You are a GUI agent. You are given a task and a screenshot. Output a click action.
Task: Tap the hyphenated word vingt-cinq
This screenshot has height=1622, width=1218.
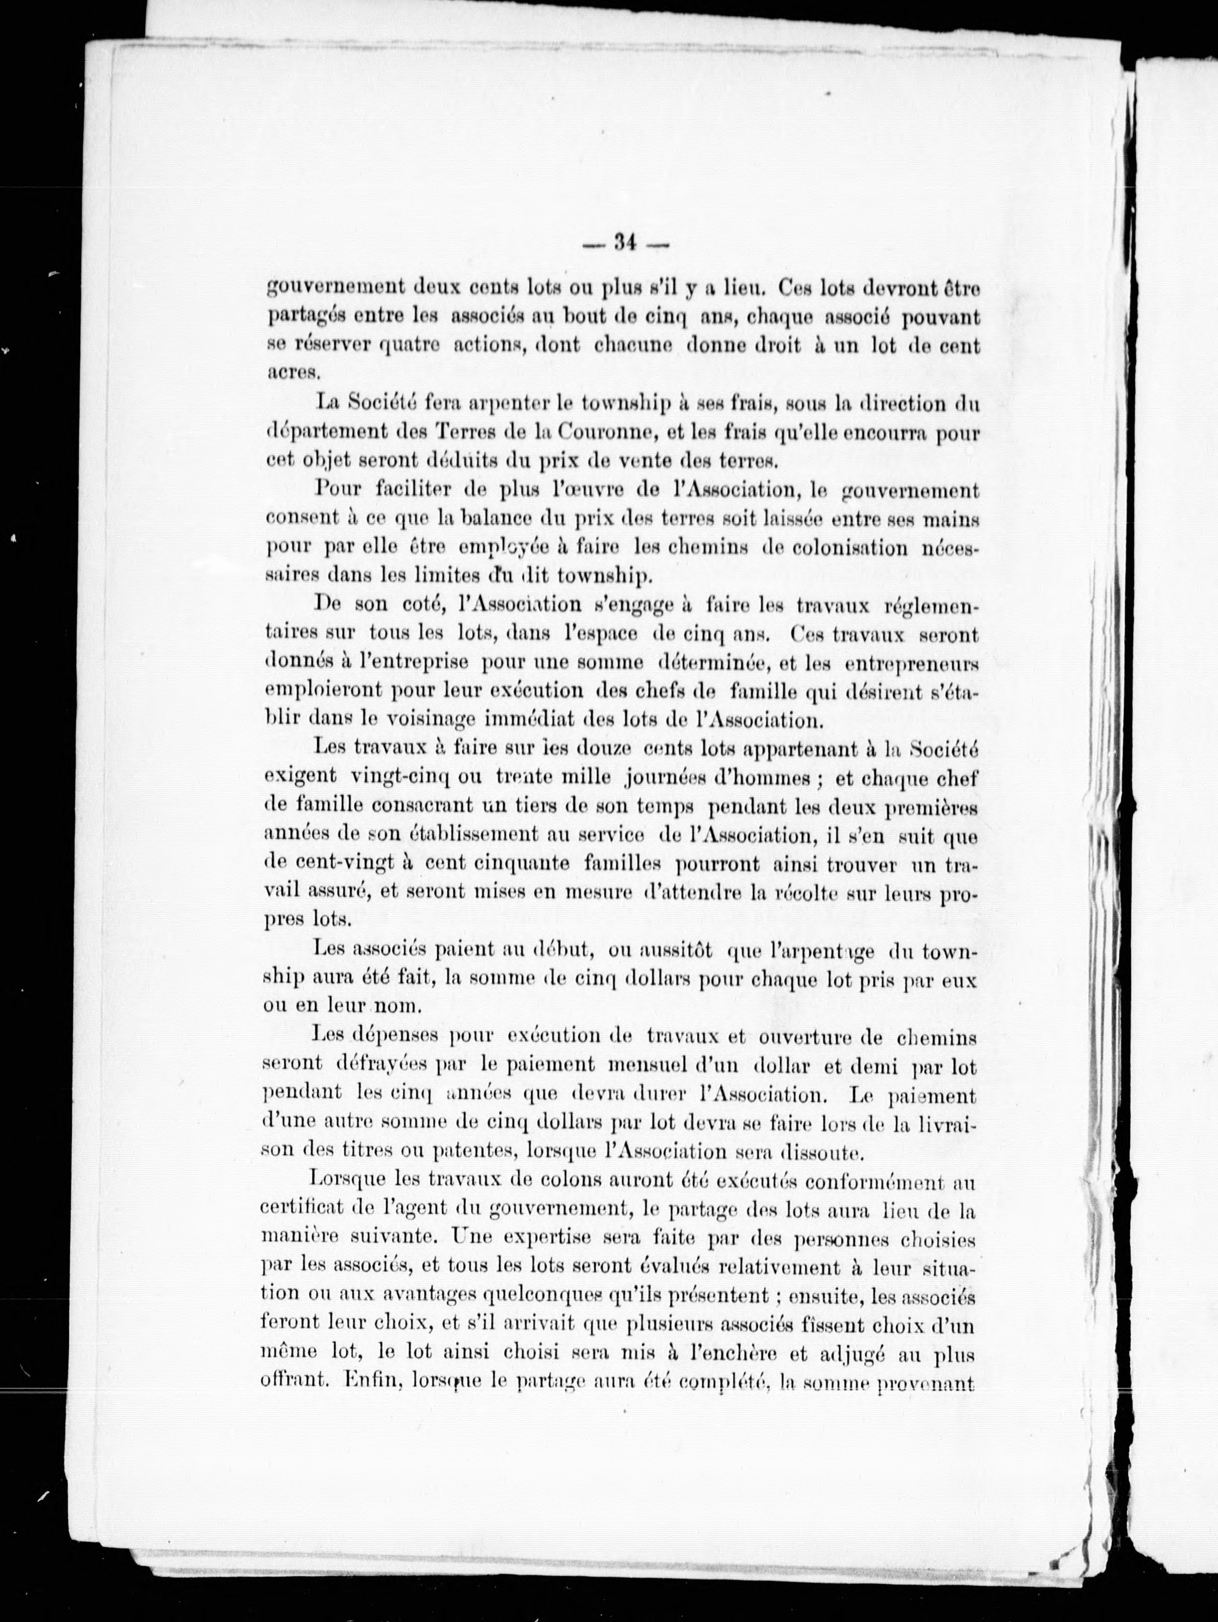(400, 777)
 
